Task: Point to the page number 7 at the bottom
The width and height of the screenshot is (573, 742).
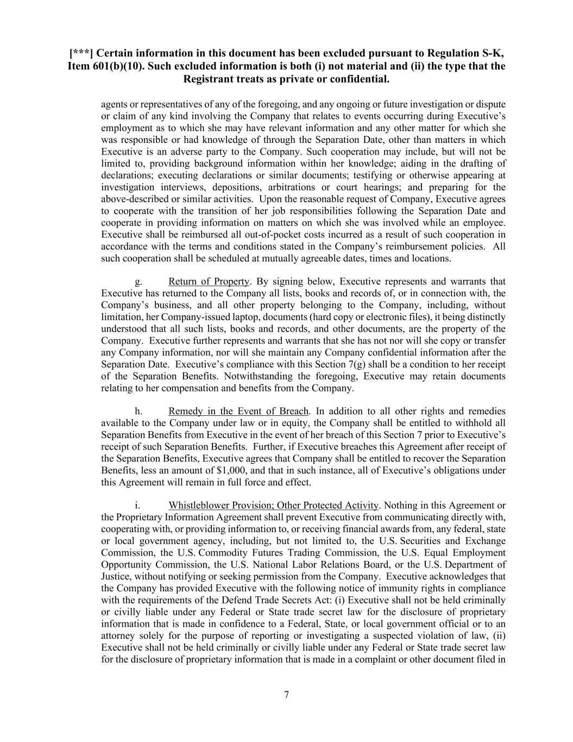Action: [286, 694]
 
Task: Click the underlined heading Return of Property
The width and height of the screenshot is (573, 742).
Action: [209, 282]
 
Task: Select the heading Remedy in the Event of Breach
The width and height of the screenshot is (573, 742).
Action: [238, 411]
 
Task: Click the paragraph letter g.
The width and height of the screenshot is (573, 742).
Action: [138, 282]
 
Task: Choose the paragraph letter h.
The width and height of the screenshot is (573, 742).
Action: [138, 411]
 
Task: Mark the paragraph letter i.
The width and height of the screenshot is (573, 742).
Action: [137, 506]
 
